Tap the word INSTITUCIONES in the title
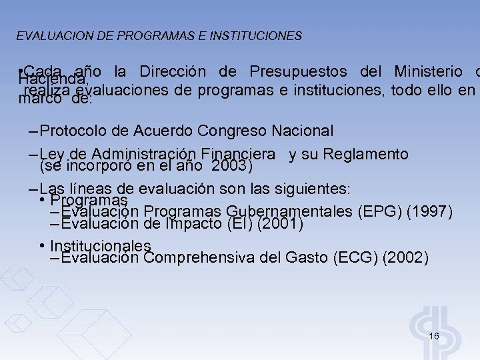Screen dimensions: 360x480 (x=255, y=35)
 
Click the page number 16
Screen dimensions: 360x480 (x=434, y=336)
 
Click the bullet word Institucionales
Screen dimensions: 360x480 (x=101, y=246)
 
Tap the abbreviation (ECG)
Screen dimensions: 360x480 (x=355, y=257)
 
